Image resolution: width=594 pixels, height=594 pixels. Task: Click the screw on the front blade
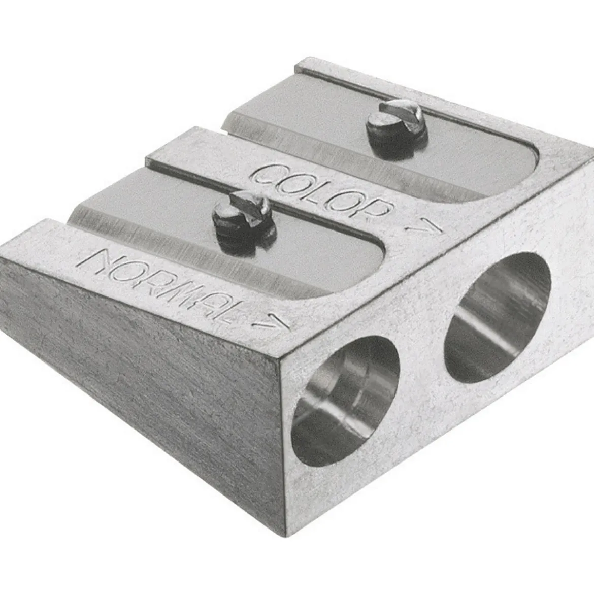coord(243,222)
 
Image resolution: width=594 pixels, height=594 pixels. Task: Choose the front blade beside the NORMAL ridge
coord(227,243)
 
